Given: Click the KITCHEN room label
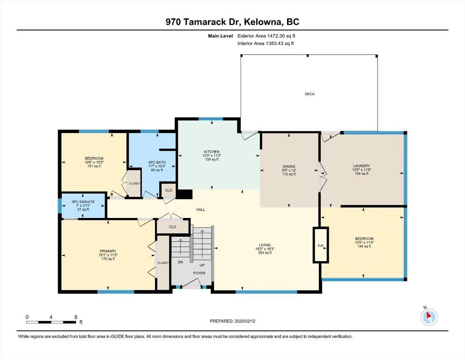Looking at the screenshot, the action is (x=212, y=152).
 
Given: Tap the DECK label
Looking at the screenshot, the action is (x=310, y=94).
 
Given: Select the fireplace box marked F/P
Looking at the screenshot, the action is (x=321, y=245).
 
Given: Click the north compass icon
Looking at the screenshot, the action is (x=429, y=317).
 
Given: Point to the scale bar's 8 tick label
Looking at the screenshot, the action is (x=76, y=317).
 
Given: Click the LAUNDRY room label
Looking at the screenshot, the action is (x=362, y=166).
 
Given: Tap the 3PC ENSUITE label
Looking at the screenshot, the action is (x=83, y=202).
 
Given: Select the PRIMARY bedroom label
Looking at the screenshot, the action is (x=108, y=251).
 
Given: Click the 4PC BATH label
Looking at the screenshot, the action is (x=157, y=162).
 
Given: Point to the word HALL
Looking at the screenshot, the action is (x=201, y=210).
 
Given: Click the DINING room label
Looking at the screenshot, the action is (x=289, y=166).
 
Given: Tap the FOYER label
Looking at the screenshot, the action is (x=199, y=273).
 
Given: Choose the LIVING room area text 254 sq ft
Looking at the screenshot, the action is (x=265, y=253).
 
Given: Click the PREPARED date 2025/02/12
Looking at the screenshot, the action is (x=245, y=321).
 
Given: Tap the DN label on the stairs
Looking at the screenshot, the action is (x=180, y=262).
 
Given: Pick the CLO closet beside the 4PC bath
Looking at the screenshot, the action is (x=169, y=190).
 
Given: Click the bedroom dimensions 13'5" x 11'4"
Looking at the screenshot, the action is (x=364, y=242).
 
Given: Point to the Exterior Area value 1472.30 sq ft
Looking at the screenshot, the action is (x=281, y=36).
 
